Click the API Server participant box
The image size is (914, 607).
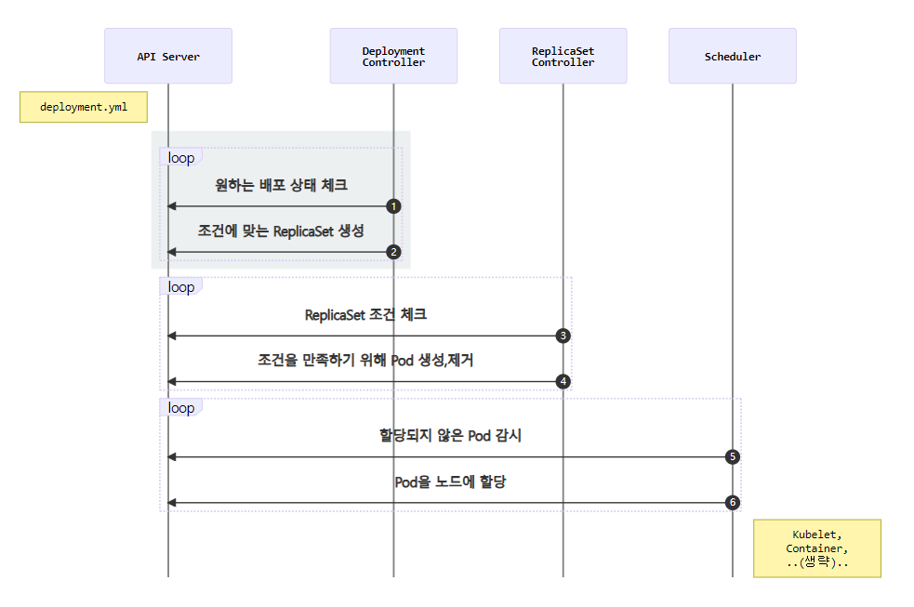tap(168, 57)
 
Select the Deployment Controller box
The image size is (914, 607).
tap(393, 57)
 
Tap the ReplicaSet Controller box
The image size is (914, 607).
tap(563, 57)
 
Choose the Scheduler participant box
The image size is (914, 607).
tap(732, 57)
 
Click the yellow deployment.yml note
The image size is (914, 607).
tap(84, 107)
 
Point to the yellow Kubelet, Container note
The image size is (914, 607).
tap(816, 548)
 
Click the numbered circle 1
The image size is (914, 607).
tap(393, 206)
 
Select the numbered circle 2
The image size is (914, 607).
tap(393, 252)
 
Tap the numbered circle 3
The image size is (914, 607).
tap(563, 336)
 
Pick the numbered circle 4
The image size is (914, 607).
tap(563, 381)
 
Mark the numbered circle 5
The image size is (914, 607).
tap(732, 457)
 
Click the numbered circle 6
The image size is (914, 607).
tap(732, 503)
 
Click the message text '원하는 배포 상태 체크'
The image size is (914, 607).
tap(281, 185)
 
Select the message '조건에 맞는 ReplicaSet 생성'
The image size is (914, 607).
tap(281, 231)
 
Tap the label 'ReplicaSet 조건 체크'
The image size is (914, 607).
tap(365, 314)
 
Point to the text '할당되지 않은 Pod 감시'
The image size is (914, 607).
tap(450, 435)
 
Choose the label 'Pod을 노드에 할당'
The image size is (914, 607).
tap(450, 482)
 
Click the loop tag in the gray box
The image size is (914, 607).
tap(180, 158)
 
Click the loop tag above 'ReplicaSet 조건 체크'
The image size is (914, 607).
tap(180, 287)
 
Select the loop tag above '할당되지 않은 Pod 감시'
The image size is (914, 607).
tap(180, 408)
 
